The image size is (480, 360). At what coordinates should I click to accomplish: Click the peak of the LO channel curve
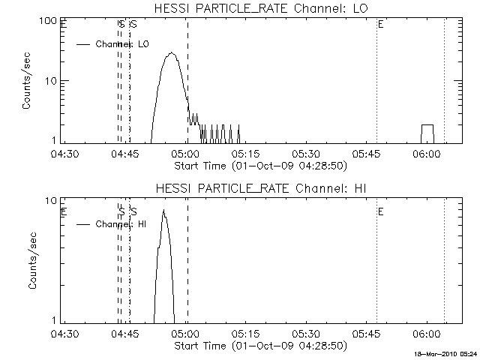point(172,53)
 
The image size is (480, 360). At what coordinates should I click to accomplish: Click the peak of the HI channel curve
point(163,211)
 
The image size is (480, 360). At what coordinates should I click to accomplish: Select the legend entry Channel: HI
point(121,224)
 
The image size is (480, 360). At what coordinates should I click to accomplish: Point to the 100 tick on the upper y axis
point(50,20)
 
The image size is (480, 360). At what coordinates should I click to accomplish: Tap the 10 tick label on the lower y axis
point(53,200)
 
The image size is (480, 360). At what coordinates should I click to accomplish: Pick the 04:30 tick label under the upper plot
point(64,154)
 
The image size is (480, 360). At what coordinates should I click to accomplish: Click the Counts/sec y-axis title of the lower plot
point(26,260)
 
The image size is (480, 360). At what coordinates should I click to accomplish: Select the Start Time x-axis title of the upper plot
point(259,165)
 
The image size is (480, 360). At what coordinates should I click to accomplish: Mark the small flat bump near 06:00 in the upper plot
point(427,126)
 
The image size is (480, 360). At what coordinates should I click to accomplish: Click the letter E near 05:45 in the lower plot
point(381,212)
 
